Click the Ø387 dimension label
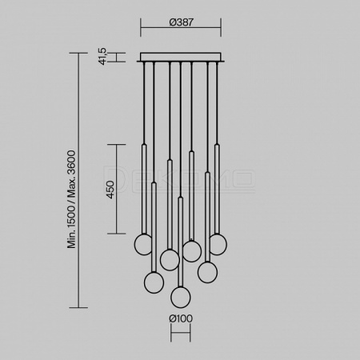click(181, 22)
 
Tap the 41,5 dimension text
click(102, 56)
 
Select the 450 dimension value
click(110, 190)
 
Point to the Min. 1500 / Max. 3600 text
click(71, 199)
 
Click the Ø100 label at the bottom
click(181, 318)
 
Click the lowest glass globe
click(181, 298)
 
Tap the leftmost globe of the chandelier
click(142, 244)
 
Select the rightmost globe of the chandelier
click(218, 244)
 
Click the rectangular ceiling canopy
click(181, 58)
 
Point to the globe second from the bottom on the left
click(154, 282)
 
